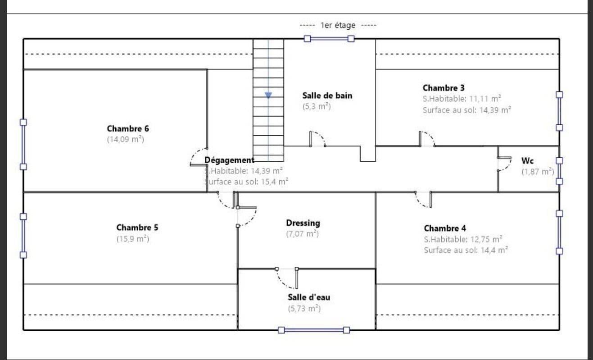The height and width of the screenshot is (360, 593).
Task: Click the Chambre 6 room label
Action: point(128,129)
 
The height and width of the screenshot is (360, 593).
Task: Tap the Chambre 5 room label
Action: point(137,228)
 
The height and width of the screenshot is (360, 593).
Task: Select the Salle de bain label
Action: point(327,96)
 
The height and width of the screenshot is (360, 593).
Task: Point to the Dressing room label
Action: point(303,223)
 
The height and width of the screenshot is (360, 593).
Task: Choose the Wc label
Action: point(528,160)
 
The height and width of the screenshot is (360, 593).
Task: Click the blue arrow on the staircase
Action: point(268,95)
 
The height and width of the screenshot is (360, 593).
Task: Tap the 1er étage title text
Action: point(338,25)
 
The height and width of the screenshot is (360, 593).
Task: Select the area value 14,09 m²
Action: point(125,140)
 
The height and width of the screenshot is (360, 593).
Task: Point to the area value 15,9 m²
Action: point(133,239)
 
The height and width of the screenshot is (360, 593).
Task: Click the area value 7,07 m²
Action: point(303,234)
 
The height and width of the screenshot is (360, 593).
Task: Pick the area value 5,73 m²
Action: point(304,309)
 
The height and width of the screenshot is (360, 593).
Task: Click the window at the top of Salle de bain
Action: point(329,39)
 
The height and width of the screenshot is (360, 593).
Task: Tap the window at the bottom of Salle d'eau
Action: point(314,330)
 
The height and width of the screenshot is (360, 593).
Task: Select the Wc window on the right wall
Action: point(559,171)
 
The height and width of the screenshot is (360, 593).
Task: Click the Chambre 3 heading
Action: point(444,87)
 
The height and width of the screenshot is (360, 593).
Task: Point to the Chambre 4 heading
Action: point(445,228)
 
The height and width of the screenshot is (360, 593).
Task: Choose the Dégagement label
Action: point(230,160)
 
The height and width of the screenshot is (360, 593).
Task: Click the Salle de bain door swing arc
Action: point(320,137)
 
